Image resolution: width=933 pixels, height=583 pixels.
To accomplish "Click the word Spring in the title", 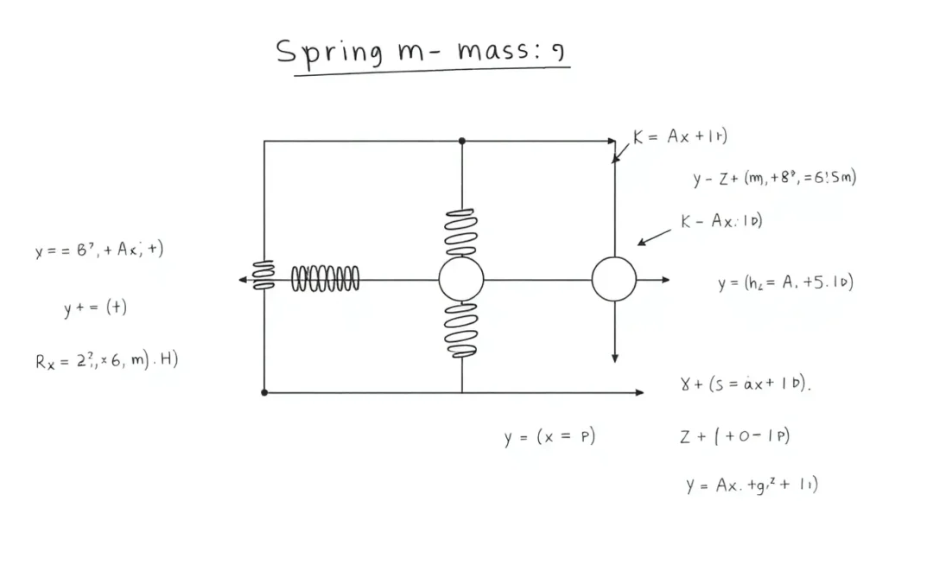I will pyautogui.click(x=328, y=52).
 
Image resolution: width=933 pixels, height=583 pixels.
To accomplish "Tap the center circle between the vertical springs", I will pyautogui.click(x=461, y=279).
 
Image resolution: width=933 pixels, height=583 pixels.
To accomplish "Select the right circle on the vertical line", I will pyautogui.click(x=614, y=279).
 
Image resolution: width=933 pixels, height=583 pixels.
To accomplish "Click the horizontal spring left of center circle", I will pyautogui.click(x=325, y=279).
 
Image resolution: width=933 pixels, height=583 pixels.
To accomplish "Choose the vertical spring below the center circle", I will pyautogui.click(x=460, y=328).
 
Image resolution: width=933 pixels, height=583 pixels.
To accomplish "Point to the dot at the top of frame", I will pyautogui.click(x=461, y=140).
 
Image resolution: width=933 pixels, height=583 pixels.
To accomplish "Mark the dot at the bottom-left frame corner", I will pyautogui.click(x=264, y=392).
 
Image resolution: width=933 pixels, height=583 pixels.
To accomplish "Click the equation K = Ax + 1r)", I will pyautogui.click(x=680, y=137).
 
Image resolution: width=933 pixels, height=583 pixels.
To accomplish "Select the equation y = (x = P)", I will pyautogui.click(x=550, y=437).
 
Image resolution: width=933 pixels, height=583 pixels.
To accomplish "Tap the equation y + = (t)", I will pyautogui.click(x=96, y=308).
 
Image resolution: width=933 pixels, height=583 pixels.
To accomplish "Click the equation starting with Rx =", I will pyautogui.click(x=107, y=360).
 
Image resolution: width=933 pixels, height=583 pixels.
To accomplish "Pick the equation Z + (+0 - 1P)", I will pyautogui.click(x=734, y=436).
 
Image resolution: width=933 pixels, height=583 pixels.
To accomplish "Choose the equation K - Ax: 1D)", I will pyautogui.click(x=721, y=221).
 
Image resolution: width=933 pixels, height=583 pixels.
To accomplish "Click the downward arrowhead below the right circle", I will pyautogui.click(x=614, y=358).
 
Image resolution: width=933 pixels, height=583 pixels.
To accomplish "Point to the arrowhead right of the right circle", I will pyautogui.click(x=665, y=279).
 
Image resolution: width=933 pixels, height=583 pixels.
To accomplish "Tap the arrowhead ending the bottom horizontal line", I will pyautogui.click(x=638, y=392).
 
